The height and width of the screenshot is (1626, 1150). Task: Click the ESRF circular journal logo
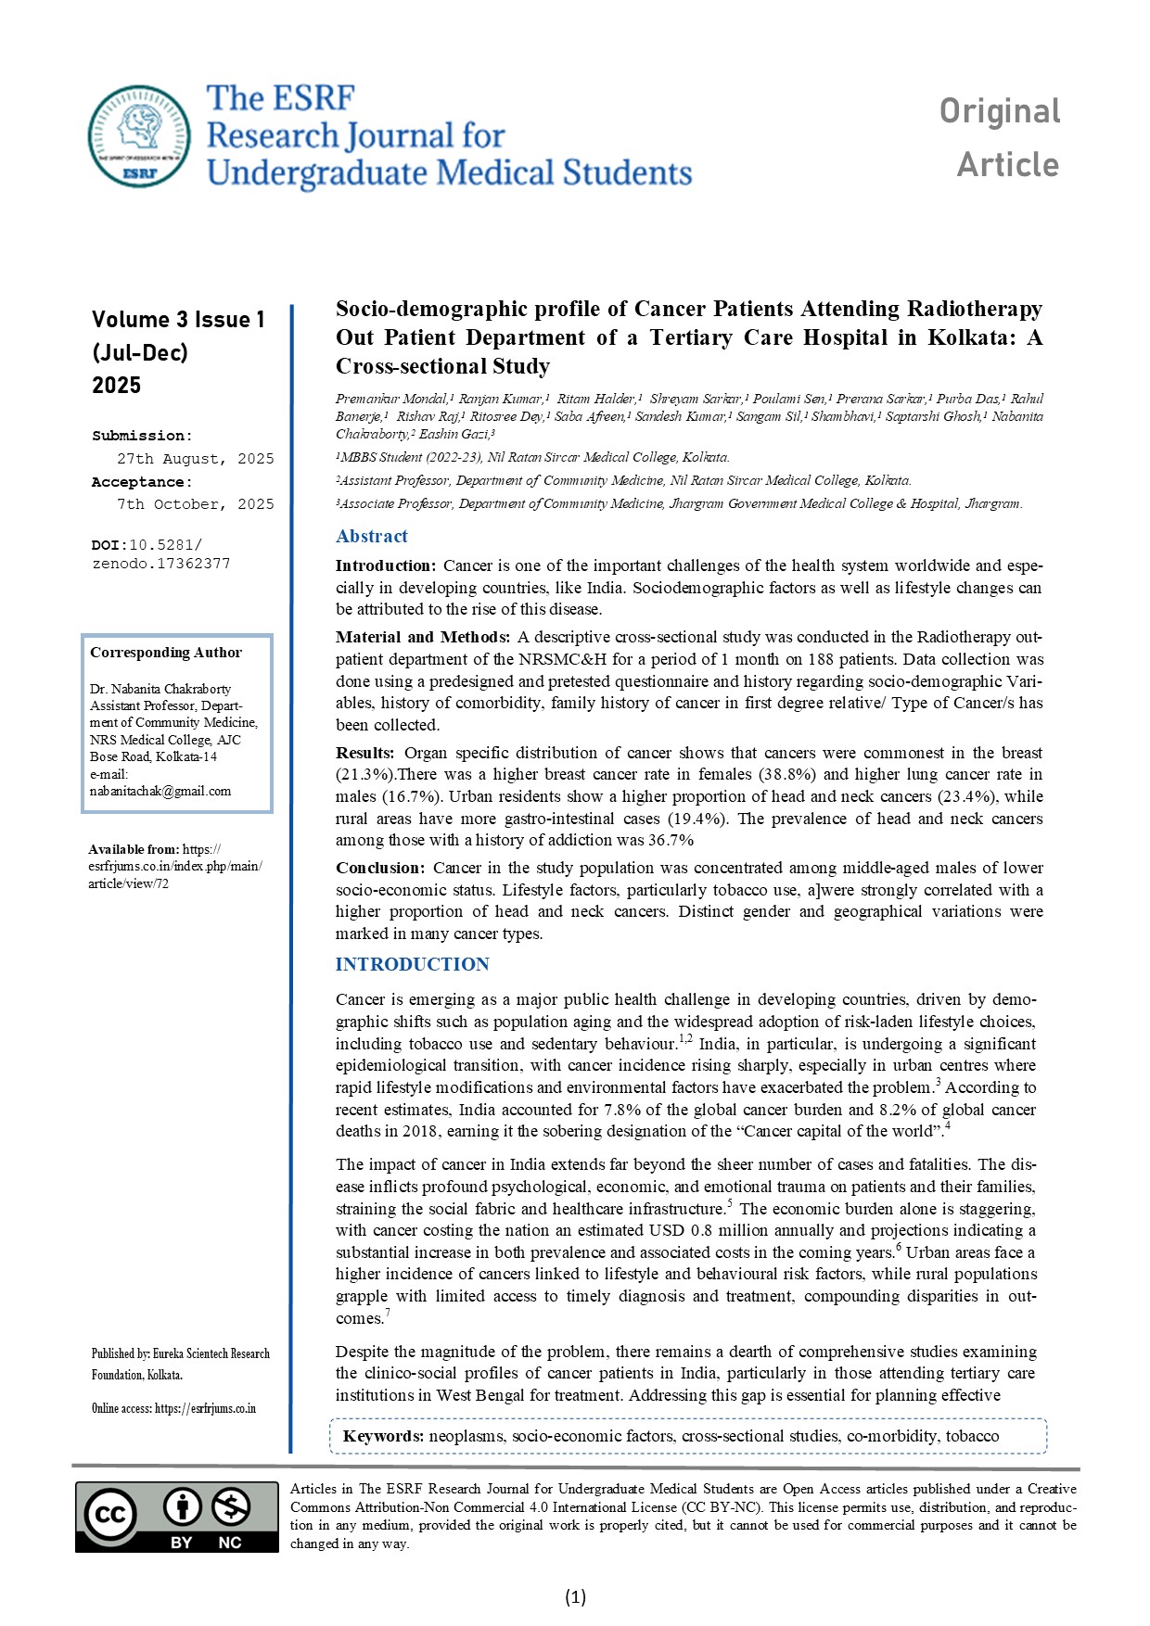pyautogui.click(x=139, y=135)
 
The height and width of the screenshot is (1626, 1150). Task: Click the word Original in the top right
pyautogui.click(x=999, y=111)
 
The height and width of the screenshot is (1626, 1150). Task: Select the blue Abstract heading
pyautogui.click(x=371, y=536)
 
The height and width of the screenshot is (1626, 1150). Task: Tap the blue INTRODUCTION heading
pyautogui.click(x=412, y=964)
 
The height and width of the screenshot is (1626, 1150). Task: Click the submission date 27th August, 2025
pyautogui.click(x=195, y=459)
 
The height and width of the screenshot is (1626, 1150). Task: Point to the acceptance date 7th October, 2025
pyautogui.click(x=195, y=504)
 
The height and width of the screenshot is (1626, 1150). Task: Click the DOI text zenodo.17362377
pyautogui.click(x=161, y=564)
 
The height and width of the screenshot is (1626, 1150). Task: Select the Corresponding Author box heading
pyautogui.click(x=166, y=653)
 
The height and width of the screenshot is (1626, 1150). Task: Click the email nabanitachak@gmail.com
pyautogui.click(x=160, y=791)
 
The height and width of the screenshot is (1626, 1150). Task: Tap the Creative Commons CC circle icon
pyautogui.click(x=110, y=1514)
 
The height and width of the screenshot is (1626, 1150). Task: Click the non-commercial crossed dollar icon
pyautogui.click(x=230, y=1507)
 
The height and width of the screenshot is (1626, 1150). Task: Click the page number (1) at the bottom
pyautogui.click(x=575, y=1596)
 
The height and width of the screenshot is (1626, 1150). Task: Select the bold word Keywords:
pyautogui.click(x=383, y=1436)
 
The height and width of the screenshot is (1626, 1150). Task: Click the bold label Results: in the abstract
pyautogui.click(x=364, y=753)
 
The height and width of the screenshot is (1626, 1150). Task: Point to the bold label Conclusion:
pyautogui.click(x=380, y=868)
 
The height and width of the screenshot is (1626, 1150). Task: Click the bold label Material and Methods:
pyautogui.click(x=422, y=637)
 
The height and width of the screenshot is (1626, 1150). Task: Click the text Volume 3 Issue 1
pyautogui.click(x=178, y=320)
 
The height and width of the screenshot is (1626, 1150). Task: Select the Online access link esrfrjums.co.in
pyautogui.click(x=205, y=1409)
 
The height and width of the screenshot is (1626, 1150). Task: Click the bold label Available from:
pyautogui.click(x=134, y=849)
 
